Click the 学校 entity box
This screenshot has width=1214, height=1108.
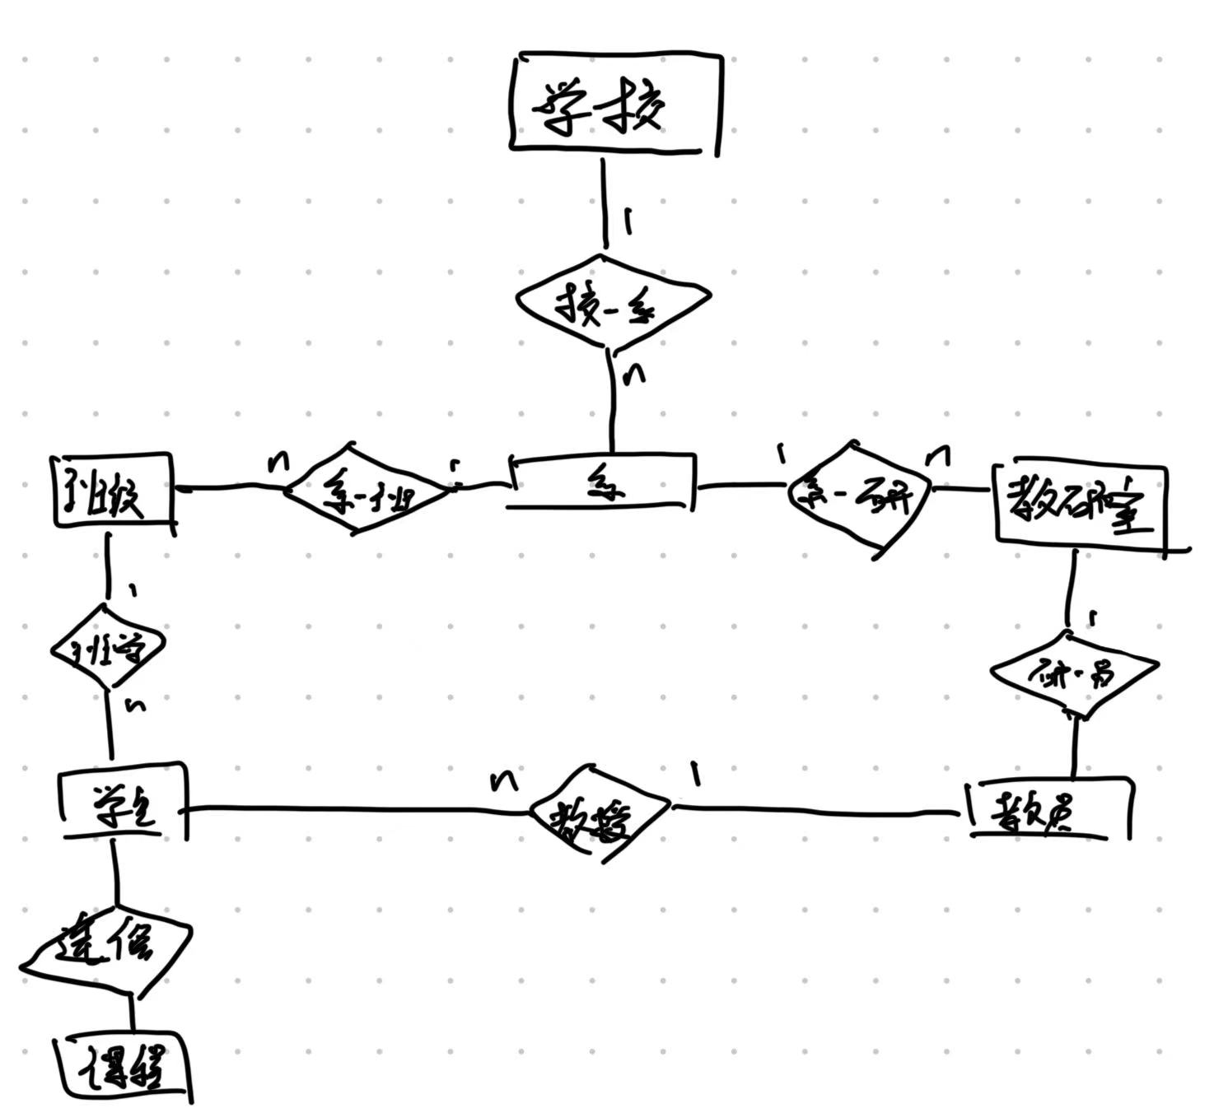pyautogui.click(x=614, y=105)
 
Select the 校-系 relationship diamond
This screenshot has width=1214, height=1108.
pyautogui.click(x=612, y=305)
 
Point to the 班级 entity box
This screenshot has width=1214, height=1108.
pyautogui.click(x=112, y=491)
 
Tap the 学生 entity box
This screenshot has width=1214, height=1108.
pyautogui.click(x=124, y=800)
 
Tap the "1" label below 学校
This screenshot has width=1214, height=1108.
pyautogui.click(x=629, y=220)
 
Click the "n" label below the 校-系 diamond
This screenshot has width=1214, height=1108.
pyautogui.click(x=634, y=375)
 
